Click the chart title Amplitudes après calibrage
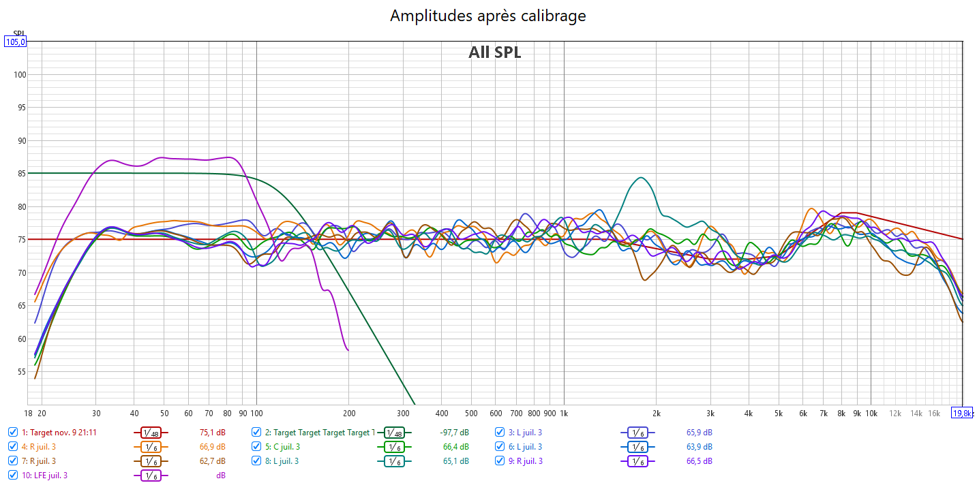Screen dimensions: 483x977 click(487, 16)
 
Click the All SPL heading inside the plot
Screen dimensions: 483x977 click(494, 52)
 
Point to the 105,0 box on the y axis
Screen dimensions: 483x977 click(16, 42)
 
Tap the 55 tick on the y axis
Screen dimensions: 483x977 click(20, 372)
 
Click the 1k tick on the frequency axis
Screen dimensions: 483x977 click(564, 413)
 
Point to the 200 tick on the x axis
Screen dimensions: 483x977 click(348, 413)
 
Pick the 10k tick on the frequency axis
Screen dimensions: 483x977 click(871, 413)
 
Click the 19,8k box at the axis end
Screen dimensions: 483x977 click(962, 413)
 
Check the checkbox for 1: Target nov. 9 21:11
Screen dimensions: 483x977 click(13, 432)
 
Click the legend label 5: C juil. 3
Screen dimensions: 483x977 click(286, 447)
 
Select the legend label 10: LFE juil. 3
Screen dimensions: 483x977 click(44, 476)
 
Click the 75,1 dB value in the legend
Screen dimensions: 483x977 click(212, 432)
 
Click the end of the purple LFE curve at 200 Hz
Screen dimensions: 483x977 click(348, 350)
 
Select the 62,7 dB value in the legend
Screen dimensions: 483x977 click(212, 461)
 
